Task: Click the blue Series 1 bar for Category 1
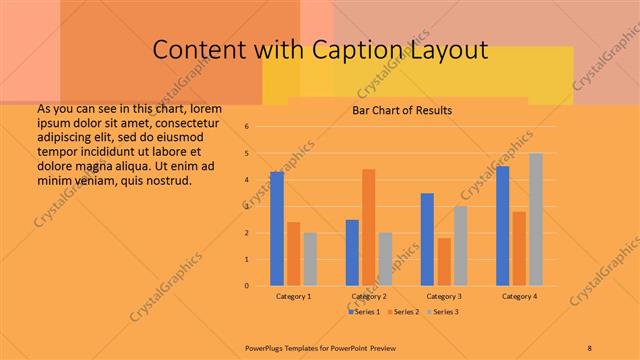point(277,229)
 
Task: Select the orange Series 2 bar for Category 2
point(369,227)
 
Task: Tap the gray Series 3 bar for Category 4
point(536,219)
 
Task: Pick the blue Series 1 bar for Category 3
point(427,239)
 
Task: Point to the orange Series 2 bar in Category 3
point(444,261)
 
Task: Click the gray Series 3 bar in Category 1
point(310,259)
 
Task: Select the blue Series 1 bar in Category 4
point(502,226)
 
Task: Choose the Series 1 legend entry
point(366,312)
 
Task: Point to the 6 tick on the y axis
point(261,126)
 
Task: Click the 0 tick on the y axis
point(261,286)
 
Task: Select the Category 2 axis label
point(369,297)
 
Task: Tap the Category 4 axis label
point(519,297)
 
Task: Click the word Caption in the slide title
point(371,50)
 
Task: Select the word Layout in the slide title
point(454,50)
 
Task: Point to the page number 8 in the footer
point(590,347)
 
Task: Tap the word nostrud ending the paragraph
point(166,180)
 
